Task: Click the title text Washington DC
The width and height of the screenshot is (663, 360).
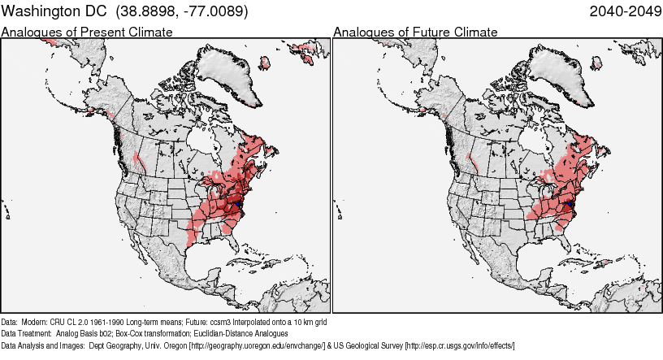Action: point(54,12)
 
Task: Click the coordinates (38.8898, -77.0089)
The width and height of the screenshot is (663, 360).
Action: point(182,12)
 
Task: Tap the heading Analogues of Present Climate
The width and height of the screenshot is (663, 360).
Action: point(87,33)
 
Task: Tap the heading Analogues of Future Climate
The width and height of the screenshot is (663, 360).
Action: point(415,33)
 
